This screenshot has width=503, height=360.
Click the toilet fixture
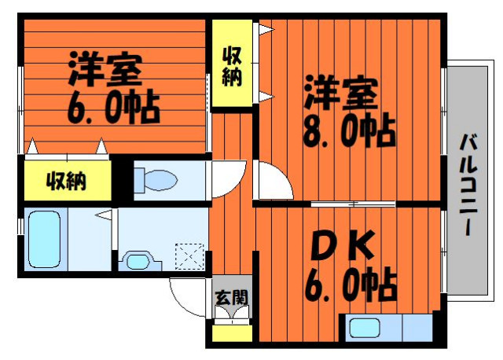pos(156,180)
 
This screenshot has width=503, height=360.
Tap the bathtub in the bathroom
pos(44,239)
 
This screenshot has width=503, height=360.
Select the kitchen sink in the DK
pos(365,328)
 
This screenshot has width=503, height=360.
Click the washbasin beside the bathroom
pos(140,261)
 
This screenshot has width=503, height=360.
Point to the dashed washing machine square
pos(189,256)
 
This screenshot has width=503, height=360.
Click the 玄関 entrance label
pos(232,297)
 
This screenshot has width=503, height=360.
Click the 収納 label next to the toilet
pos(66,182)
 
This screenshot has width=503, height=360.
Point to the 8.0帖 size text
pos(349,130)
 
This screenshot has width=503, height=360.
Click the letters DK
pos(343,245)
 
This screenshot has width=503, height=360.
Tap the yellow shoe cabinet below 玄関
pos(232,334)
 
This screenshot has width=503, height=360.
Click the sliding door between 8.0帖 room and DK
pos(353,204)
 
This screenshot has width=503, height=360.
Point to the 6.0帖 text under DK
pos(351,285)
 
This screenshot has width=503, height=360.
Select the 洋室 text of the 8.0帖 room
pos(341,93)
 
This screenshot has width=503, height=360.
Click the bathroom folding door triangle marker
pos(105,215)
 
